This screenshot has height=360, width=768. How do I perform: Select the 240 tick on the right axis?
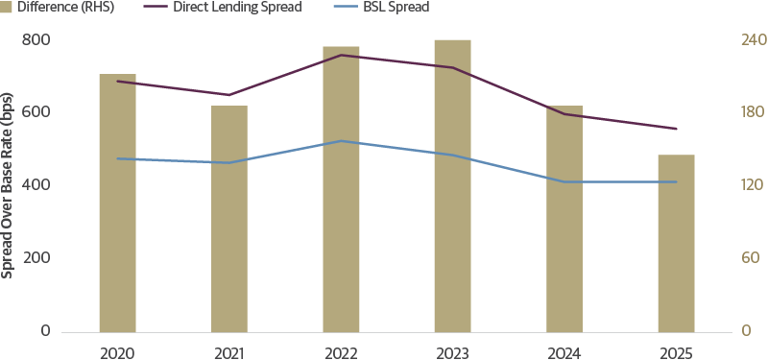727,40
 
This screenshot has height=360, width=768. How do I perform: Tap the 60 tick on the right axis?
722,258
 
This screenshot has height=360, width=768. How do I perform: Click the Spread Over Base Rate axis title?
9,185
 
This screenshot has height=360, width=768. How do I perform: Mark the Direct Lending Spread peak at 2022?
341,55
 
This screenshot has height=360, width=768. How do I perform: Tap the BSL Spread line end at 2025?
676,181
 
